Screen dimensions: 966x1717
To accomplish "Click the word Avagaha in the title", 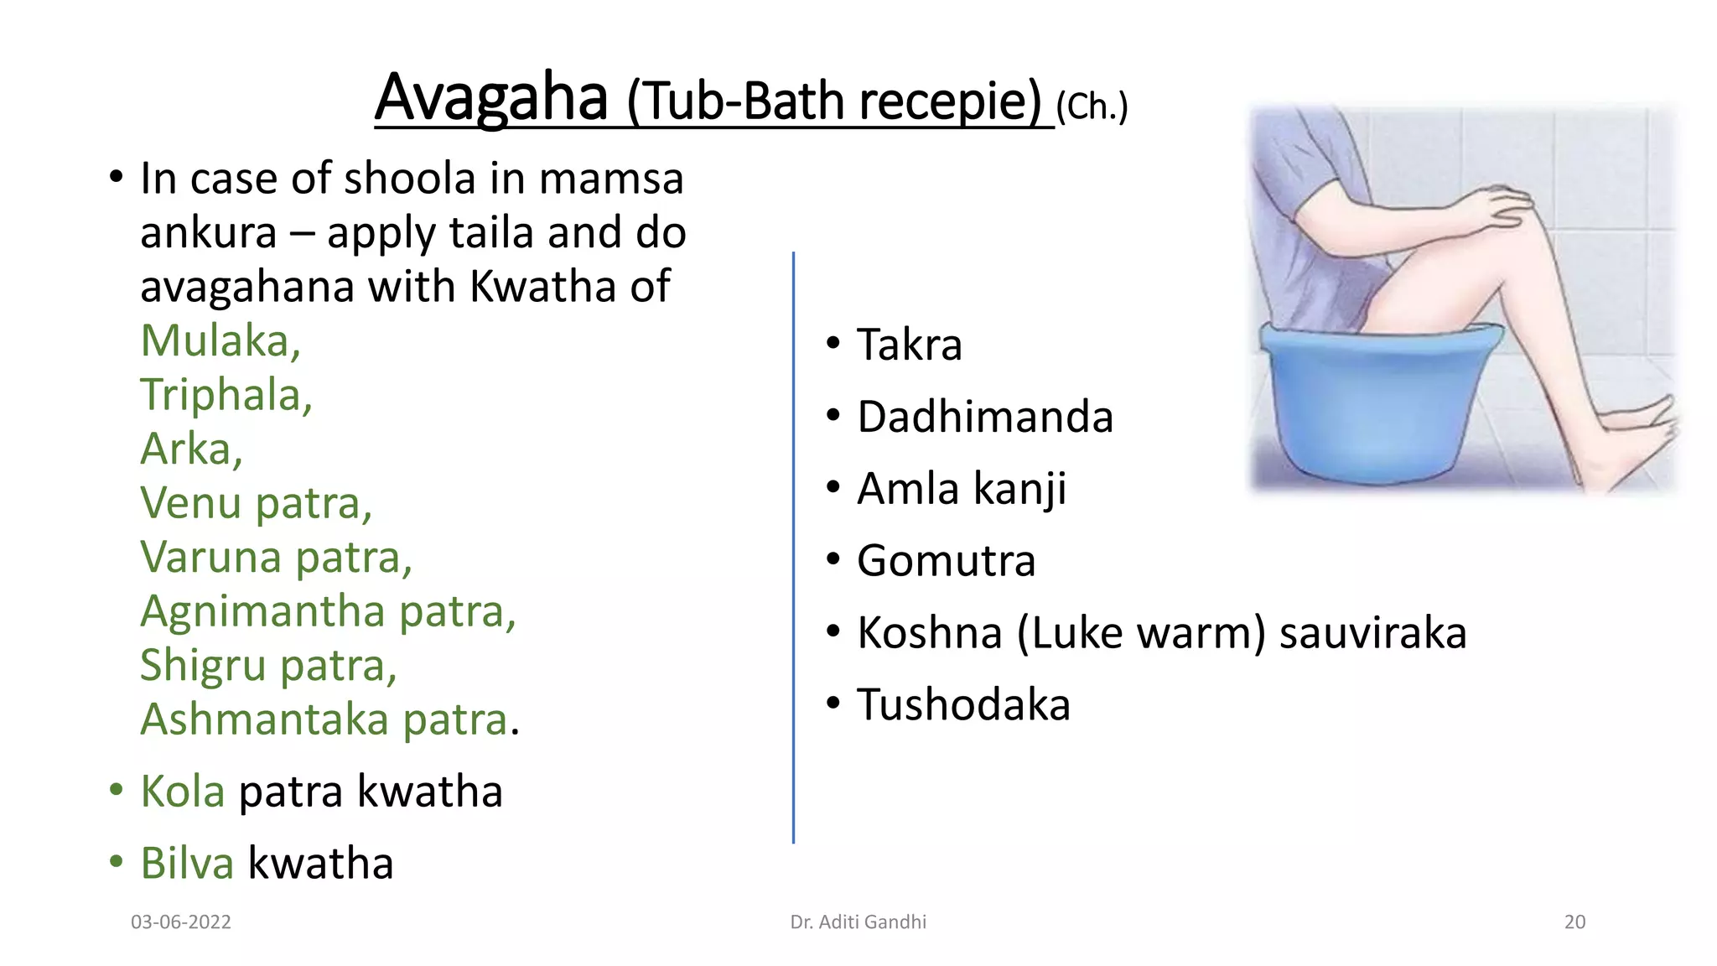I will coord(490,98).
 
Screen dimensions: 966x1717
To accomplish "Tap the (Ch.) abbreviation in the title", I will coord(1092,106).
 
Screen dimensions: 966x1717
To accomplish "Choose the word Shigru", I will coord(202,666).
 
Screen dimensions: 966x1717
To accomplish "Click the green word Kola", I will coord(182,792).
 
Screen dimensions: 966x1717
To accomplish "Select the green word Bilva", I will coord(186,864).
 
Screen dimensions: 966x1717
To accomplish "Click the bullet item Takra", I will coord(909,345).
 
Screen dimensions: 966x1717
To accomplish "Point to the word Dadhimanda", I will coord(984,417).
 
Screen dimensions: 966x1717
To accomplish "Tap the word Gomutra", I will coord(946,561).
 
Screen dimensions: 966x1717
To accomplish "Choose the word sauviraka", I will coord(1372,633).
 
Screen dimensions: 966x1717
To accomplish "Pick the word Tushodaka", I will coord(963,705).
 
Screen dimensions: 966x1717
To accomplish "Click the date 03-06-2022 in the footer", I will coord(181,922).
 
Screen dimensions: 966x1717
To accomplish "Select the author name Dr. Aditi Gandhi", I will coord(858,922).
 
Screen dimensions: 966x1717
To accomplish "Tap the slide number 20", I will coord(1574,922).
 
